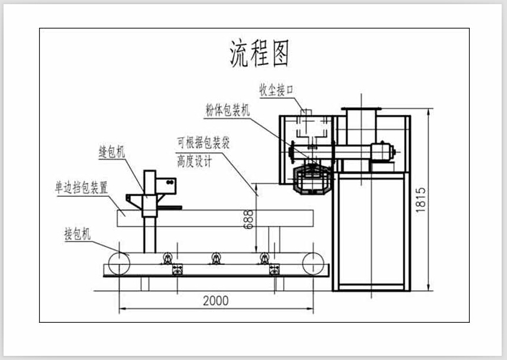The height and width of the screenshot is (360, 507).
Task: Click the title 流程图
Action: [259, 53]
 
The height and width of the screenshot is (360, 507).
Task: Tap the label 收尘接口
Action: [277, 90]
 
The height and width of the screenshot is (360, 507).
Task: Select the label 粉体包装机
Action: [228, 109]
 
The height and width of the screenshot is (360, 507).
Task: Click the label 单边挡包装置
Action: [82, 188]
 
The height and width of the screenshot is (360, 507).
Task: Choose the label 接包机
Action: [77, 235]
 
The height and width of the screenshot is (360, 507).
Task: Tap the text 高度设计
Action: [193, 161]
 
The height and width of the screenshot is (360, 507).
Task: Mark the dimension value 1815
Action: [421, 199]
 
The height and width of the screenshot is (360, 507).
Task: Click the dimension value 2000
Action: [216, 300]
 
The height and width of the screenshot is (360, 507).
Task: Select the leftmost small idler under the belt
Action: [167, 258]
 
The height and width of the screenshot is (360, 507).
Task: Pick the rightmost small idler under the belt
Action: [264, 258]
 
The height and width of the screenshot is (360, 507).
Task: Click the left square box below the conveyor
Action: [176, 270]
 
